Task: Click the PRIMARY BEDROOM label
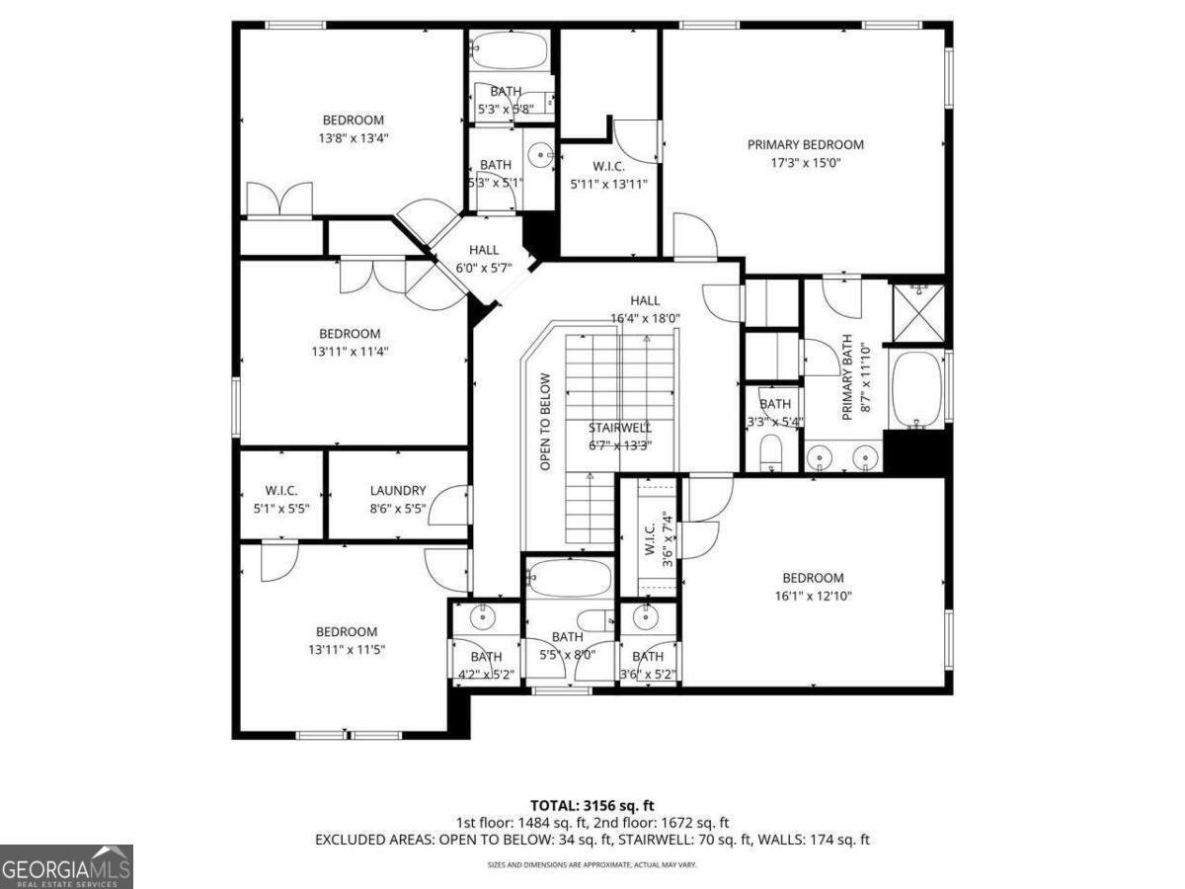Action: coord(805,144)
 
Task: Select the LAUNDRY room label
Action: coord(398,490)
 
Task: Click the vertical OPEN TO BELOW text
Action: coord(544,421)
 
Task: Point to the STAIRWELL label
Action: coord(619,428)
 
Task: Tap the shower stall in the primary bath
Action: coord(917,311)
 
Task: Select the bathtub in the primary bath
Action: coord(916,390)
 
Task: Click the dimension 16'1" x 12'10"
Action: coord(813,596)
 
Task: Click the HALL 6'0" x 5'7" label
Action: coord(484,259)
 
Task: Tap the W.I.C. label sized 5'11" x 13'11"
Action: coord(608,175)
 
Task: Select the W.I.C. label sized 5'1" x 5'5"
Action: coord(280,499)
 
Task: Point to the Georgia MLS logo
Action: coord(66,866)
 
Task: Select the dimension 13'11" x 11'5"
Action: coord(346,650)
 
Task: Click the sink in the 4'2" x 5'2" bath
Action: coord(482,616)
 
